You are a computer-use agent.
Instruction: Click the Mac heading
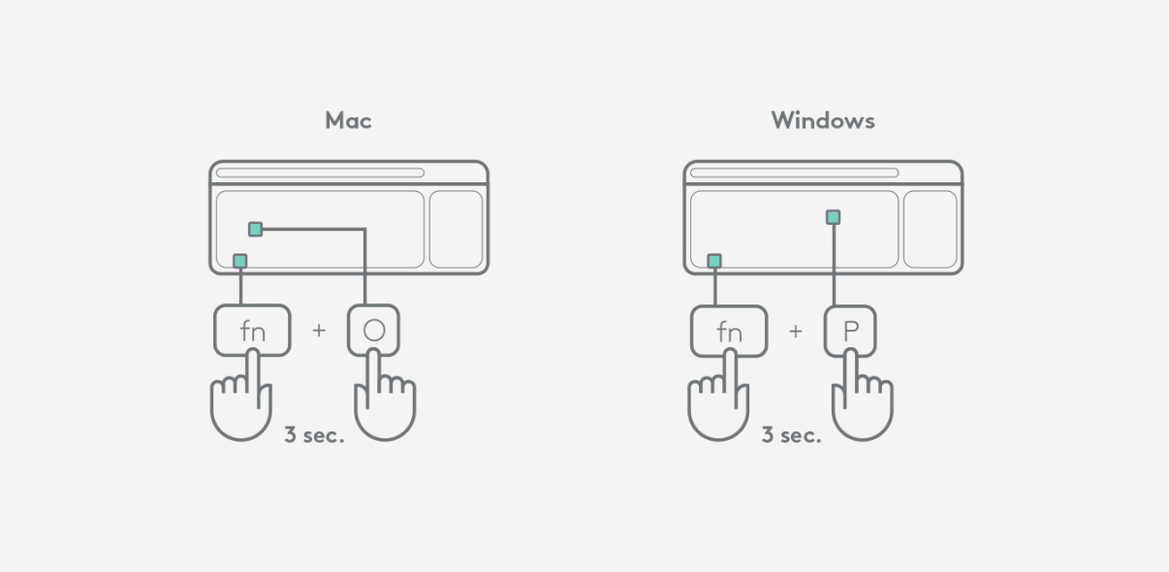pos(348,120)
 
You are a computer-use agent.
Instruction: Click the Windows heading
pos(823,120)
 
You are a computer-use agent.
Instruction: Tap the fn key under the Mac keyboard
pos(252,331)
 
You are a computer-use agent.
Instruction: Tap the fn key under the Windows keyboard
pos(729,331)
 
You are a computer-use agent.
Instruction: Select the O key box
pos(373,331)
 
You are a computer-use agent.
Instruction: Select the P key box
pos(850,331)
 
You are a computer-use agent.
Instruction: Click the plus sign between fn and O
pos(319,331)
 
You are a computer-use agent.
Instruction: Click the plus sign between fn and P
pos(796,331)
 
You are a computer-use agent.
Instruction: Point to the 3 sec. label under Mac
pos(314,435)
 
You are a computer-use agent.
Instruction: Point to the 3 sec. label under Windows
pos(791,435)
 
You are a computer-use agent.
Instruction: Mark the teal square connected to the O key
pos(255,229)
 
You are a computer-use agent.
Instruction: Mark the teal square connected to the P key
pos(833,217)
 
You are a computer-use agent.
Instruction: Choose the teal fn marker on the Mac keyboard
pos(240,261)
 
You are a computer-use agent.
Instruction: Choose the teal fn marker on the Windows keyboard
pos(714,261)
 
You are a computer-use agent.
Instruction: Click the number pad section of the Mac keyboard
pos(456,230)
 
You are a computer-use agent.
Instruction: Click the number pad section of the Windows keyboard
pos(931,230)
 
